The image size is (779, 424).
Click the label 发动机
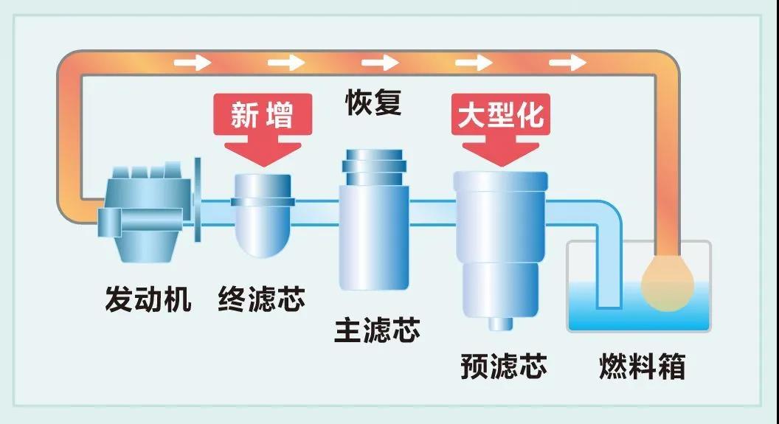[148, 300]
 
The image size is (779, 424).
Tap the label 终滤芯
[261, 300]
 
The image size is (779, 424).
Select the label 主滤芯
[377, 330]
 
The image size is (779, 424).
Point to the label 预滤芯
[504, 365]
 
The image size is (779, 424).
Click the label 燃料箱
[642, 366]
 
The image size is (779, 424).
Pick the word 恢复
[374, 102]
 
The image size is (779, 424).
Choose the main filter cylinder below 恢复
[373, 229]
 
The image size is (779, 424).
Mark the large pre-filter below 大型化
[501, 236]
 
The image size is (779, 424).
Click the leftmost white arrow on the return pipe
[193, 62]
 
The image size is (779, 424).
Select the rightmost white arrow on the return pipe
[568, 62]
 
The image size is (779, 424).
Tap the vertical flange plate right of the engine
[198, 199]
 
